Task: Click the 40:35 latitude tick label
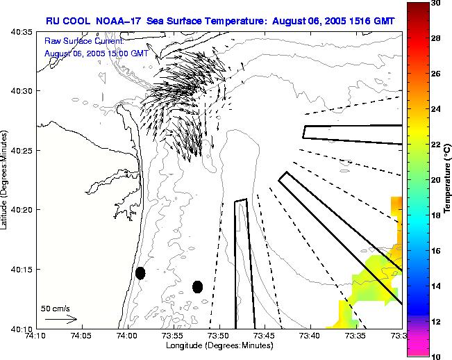click(x=19, y=32)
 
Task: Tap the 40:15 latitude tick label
click(x=19, y=270)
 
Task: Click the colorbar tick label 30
click(x=435, y=3)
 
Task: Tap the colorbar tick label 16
click(x=435, y=251)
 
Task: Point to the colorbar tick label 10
click(x=435, y=356)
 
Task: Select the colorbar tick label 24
click(x=435, y=109)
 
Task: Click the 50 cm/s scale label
click(x=55, y=309)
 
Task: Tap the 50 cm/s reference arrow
click(x=60, y=319)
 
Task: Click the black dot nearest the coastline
click(x=140, y=273)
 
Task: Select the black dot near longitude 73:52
click(x=198, y=286)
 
